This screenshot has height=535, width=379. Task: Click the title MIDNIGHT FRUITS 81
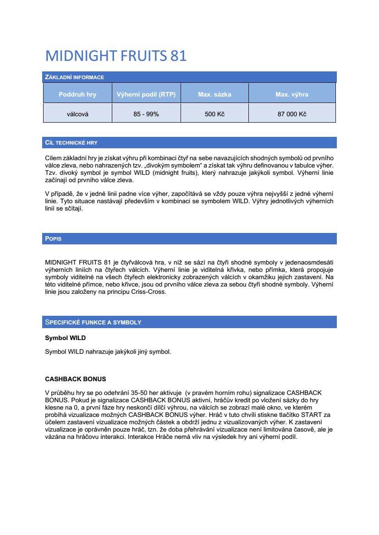coord(116,56)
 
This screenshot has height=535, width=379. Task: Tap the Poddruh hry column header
coord(77,95)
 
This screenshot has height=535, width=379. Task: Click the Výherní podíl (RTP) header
coord(146,95)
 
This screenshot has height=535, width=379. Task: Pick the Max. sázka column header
coord(214,95)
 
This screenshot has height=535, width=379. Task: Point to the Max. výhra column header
coord(292,95)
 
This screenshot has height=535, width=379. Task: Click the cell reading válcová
coord(77,114)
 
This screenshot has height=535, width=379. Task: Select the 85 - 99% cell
coord(146,114)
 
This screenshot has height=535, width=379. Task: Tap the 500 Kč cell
coord(214,114)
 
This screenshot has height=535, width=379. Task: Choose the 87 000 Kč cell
coord(292,114)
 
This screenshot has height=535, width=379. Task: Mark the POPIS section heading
coord(53,239)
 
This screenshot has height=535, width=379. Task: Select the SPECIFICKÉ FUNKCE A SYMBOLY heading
coord(93,322)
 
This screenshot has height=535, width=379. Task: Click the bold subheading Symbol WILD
coord(65,338)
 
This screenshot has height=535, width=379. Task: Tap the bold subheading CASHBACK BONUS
coord(75,379)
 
